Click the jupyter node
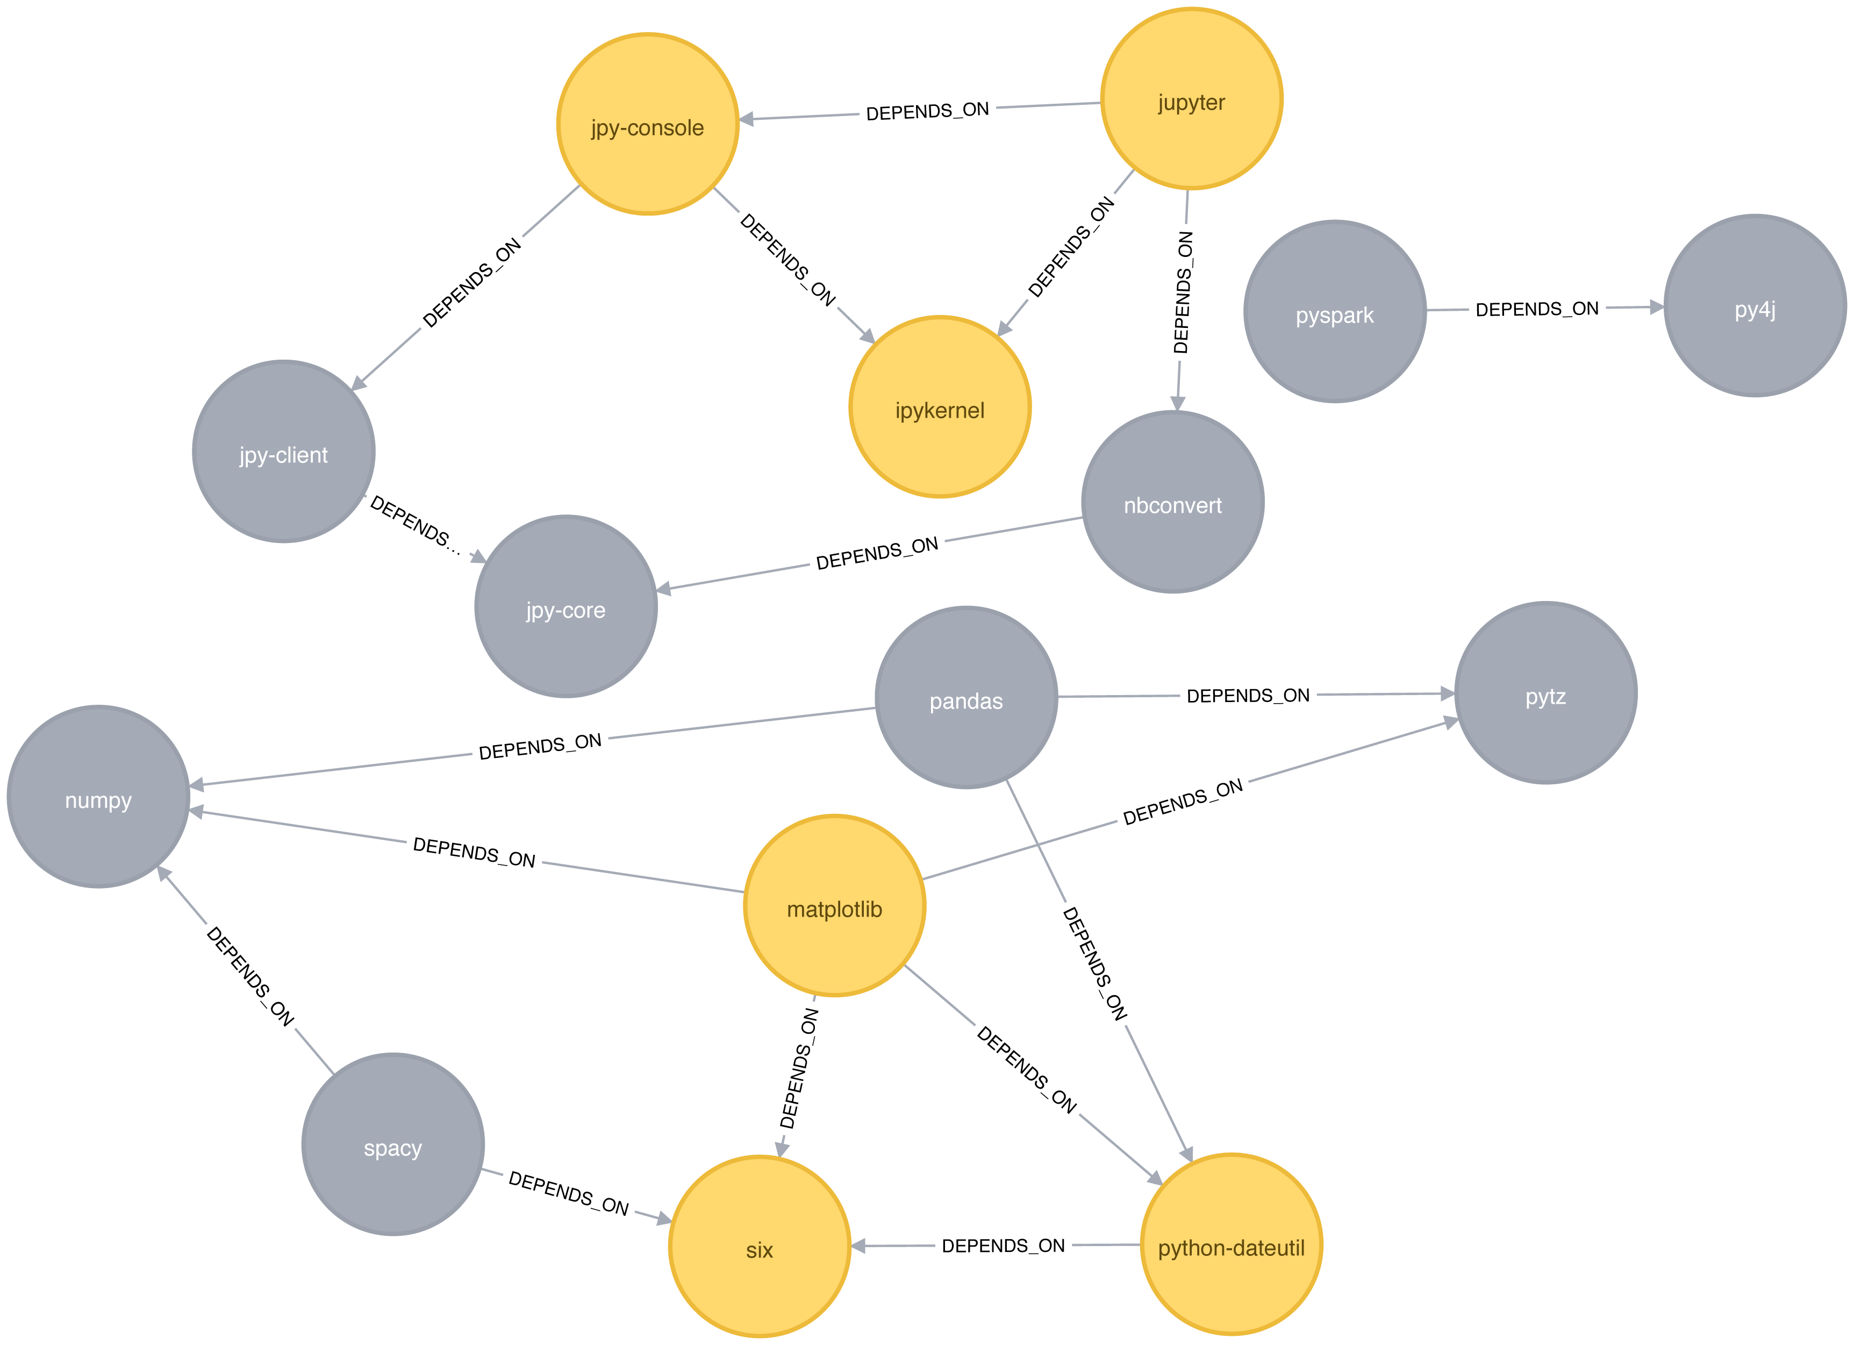click(x=1191, y=99)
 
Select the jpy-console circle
click(x=647, y=124)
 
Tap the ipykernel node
click(x=940, y=407)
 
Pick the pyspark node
click(x=1335, y=311)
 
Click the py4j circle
click(x=1755, y=306)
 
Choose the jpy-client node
click(x=284, y=452)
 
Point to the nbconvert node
click(x=1173, y=502)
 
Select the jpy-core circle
click(x=565, y=607)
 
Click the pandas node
click(x=966, y=697)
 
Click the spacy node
click(x=393, y=1144)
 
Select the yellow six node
click(x=760, y=1247)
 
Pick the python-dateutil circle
click(x=1231, y=1244)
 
